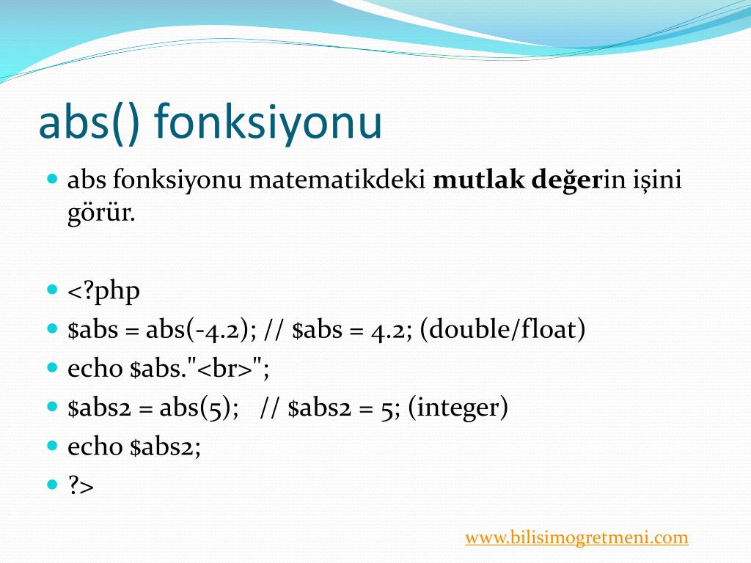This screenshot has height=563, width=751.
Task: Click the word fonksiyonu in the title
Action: click(268, 122)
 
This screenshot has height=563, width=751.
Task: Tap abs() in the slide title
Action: click(89, 122)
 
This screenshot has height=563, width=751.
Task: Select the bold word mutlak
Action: click(478, 180)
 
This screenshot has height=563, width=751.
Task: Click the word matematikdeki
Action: click(337, 180)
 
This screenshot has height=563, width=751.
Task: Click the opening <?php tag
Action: click(103, 290)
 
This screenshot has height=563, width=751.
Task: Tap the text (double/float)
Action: click(502, 329)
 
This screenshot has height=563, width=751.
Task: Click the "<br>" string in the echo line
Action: click(224, 368)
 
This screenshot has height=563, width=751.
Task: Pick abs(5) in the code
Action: click(195, 408)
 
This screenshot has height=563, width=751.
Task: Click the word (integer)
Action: click(458, 408)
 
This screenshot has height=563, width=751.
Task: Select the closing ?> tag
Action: click(81, 485)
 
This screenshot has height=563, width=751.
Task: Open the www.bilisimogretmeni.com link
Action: click(576, 537)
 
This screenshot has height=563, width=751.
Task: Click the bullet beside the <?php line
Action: click(52, 290)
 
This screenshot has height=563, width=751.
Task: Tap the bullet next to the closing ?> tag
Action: click(52, 485)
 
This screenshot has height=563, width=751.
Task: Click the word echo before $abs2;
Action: click(95, 446)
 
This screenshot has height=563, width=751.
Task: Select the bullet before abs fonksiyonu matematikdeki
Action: click(52, 179)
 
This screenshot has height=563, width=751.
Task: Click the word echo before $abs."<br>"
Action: click(95, 368)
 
